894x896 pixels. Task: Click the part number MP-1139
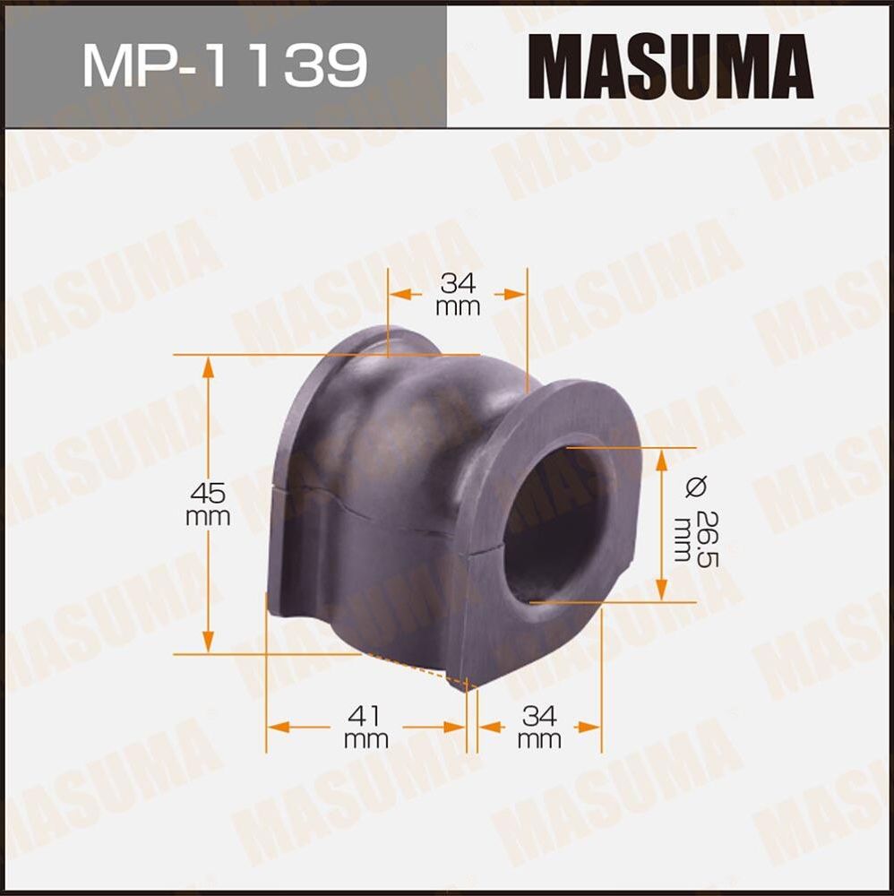tap(224, 66)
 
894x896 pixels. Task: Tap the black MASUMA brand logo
tap(670, 66)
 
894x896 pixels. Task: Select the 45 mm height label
tap(208, 503)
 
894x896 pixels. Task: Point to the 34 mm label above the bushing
tap(458, 295)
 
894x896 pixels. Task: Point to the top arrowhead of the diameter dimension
tap(661, 456)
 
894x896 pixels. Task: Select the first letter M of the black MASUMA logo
tap(556, 66)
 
